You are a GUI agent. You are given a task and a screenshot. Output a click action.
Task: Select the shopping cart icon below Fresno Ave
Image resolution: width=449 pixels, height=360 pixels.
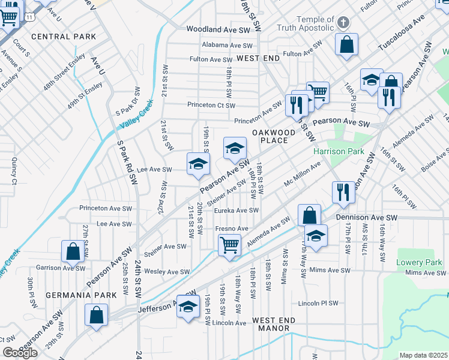click(x=229, y=245)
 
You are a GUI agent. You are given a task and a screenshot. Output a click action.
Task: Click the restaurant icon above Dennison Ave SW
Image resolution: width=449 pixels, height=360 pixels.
click(x=342, y=191)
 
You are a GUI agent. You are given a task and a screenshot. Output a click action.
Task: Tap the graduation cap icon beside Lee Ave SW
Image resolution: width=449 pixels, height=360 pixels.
click(x=198, y=164)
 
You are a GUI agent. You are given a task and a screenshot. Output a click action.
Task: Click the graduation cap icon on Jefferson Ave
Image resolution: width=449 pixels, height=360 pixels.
click(x=188, y=306)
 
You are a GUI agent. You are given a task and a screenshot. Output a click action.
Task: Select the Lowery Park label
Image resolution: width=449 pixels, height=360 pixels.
click(x=419, y=262)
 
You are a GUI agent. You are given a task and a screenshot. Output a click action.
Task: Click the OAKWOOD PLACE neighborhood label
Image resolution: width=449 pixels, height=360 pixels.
click(x=273, y=136)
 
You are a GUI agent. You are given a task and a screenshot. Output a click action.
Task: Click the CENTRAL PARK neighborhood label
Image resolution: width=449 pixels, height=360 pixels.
click(x=64, y=37)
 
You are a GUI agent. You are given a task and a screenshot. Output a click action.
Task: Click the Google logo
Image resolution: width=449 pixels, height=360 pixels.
click(x=20, y=353)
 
